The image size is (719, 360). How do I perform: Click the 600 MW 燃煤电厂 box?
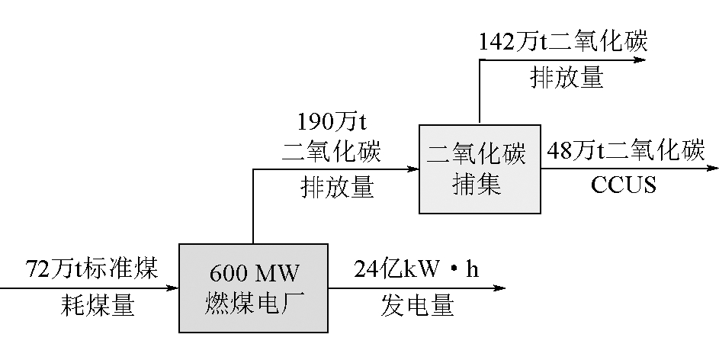[254, 288]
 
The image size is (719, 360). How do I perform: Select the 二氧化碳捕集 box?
[479, 169]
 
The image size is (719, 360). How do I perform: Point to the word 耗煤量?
[97, 306]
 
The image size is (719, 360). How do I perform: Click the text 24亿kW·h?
[416, 271]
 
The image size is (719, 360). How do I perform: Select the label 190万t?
[331, 121]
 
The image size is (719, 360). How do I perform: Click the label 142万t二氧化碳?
[563, 42]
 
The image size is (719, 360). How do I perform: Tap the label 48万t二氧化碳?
[625, 151]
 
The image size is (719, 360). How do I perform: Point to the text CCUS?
[624, 185]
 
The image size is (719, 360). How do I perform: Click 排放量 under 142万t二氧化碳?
[567, 77]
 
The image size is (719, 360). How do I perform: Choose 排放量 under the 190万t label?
[338, 188]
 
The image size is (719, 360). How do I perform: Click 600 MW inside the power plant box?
[254, 272]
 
